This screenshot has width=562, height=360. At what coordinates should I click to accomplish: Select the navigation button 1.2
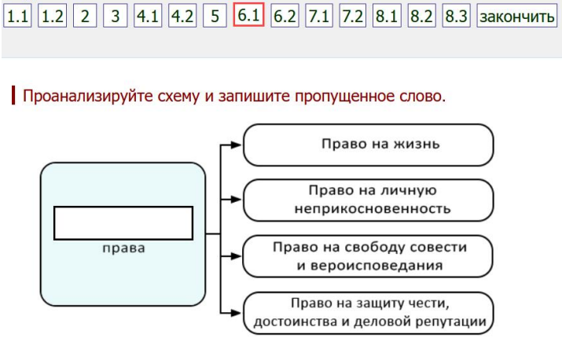pyautogui.click(x=52, y=16)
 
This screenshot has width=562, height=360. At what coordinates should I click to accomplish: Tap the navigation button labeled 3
pyautogui.click(x=114, y=16)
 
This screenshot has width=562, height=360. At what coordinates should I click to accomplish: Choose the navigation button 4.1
pyautogui.click(x=147, y=16)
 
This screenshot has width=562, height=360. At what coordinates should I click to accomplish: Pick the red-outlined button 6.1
pyautogui.click(x=248, y=16)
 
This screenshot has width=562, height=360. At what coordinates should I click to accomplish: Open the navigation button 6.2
pyautogui.click(x=285, y=16)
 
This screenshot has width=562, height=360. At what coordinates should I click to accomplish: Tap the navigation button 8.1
pyautogui.click(x=387, y=16)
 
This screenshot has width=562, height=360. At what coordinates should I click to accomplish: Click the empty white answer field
pyautogui.click(x=123, y=223)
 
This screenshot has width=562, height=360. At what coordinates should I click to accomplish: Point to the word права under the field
pyautogui.click(x=123, y=248)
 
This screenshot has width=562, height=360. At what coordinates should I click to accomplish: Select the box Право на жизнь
pyautogui.click(x=369, y=145)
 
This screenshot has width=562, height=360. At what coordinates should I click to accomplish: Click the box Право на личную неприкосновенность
pyautogui.click(x=369, y=200)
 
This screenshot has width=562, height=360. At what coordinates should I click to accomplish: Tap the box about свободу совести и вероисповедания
pyautogui.click(x=369, y=256)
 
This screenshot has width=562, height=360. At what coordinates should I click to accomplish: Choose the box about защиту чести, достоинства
pyautogui.click(x=369, y=313)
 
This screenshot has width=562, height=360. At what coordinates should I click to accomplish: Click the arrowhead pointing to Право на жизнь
pyautogui.click(x=237, y=145)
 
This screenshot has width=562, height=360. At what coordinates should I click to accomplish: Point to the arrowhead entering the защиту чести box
pyautogui.click(x=237, y=313)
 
